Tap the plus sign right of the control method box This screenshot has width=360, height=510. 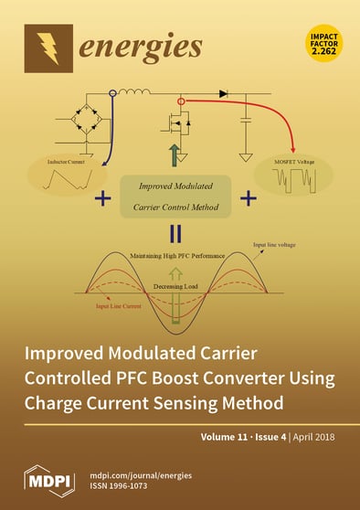270,197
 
